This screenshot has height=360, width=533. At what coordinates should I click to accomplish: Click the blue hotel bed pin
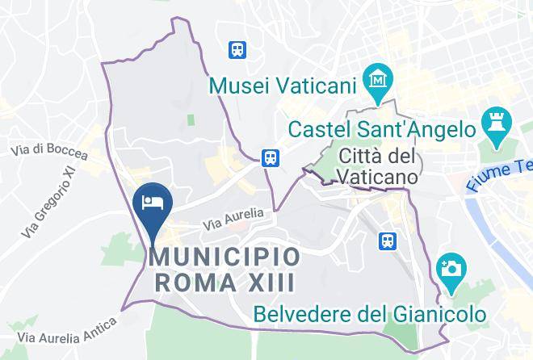click(x=151, y=203)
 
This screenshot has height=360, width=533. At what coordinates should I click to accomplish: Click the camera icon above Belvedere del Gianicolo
click(x=449, y=267)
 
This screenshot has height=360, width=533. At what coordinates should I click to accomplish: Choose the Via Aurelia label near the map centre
click(x=233, y=216)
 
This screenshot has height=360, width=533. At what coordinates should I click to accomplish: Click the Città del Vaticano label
click(x=377, y=165)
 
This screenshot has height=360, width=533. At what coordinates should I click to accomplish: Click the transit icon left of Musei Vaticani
click(x=238, y=50)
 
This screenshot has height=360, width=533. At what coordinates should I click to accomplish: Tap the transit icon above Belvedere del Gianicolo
click(x=388, y=241)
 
